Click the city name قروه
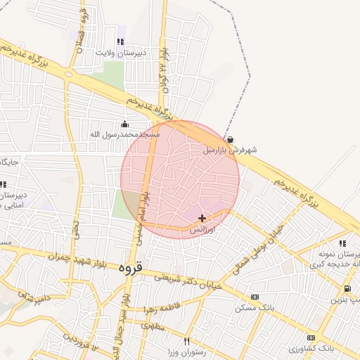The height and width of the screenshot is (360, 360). pyautogui.click(x=131, y=267)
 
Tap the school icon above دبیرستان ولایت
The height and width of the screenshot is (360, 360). pyautogui.click(x=121, y=41)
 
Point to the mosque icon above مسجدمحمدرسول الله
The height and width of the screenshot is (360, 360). pyautogui.click(x=125, y=124)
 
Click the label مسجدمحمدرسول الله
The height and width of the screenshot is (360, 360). pyautogui.click(x=125, y=134)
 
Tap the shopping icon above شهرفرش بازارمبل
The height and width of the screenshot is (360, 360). pyautogui.click(x=231, y=139)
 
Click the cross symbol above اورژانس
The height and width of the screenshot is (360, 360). pyautogui.click(x=202, y=219)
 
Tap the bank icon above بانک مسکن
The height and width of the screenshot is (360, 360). pyautogui.click(x=255, y=297)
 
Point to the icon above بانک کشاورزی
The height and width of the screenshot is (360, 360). pyautogui.click(x=311, y=337)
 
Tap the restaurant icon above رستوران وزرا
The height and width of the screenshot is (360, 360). pyautogui.click(x=187, y=341)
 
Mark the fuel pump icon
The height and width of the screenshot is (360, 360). pyautogui.click(x=347, y=289)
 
